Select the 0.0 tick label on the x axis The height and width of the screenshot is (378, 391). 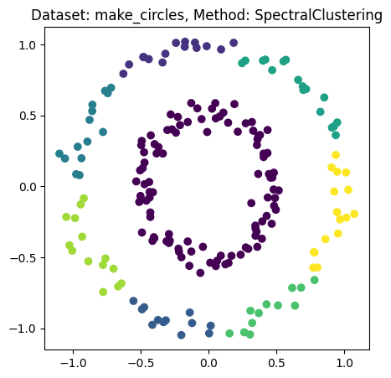tap(209, 365)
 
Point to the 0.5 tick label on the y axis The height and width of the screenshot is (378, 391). tap(31, 116)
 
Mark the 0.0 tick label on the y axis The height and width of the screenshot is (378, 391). tap(31, 186)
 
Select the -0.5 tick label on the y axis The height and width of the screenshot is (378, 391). tap(28, 257)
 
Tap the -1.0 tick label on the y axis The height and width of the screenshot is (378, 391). tap(28, 328)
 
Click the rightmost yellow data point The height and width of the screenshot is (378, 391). tap(354, 214)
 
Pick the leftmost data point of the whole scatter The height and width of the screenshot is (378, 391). tap(59, 153)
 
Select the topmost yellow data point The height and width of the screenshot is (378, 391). tap(336, 155)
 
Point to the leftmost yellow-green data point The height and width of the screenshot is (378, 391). tap(66, 217)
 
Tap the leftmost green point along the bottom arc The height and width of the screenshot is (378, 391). tap(229, 334)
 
